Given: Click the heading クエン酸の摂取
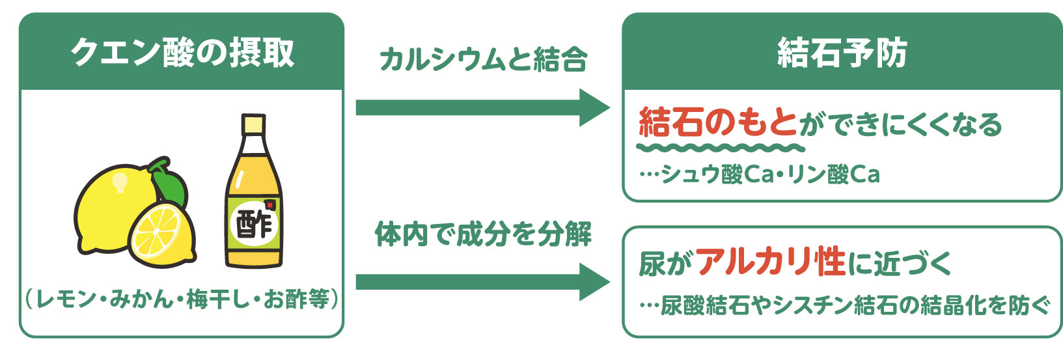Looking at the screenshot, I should (182, 53).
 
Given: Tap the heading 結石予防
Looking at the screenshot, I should (842, 53).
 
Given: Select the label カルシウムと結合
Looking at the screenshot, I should (482, 60).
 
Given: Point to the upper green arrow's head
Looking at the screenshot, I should (594, 108).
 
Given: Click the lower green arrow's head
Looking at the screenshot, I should (594, 282).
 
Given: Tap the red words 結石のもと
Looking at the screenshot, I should (717, 123).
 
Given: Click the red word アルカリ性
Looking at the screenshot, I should (771, 262).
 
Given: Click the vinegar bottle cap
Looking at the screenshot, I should (253, 124).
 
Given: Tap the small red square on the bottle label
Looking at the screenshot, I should (270, 206).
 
